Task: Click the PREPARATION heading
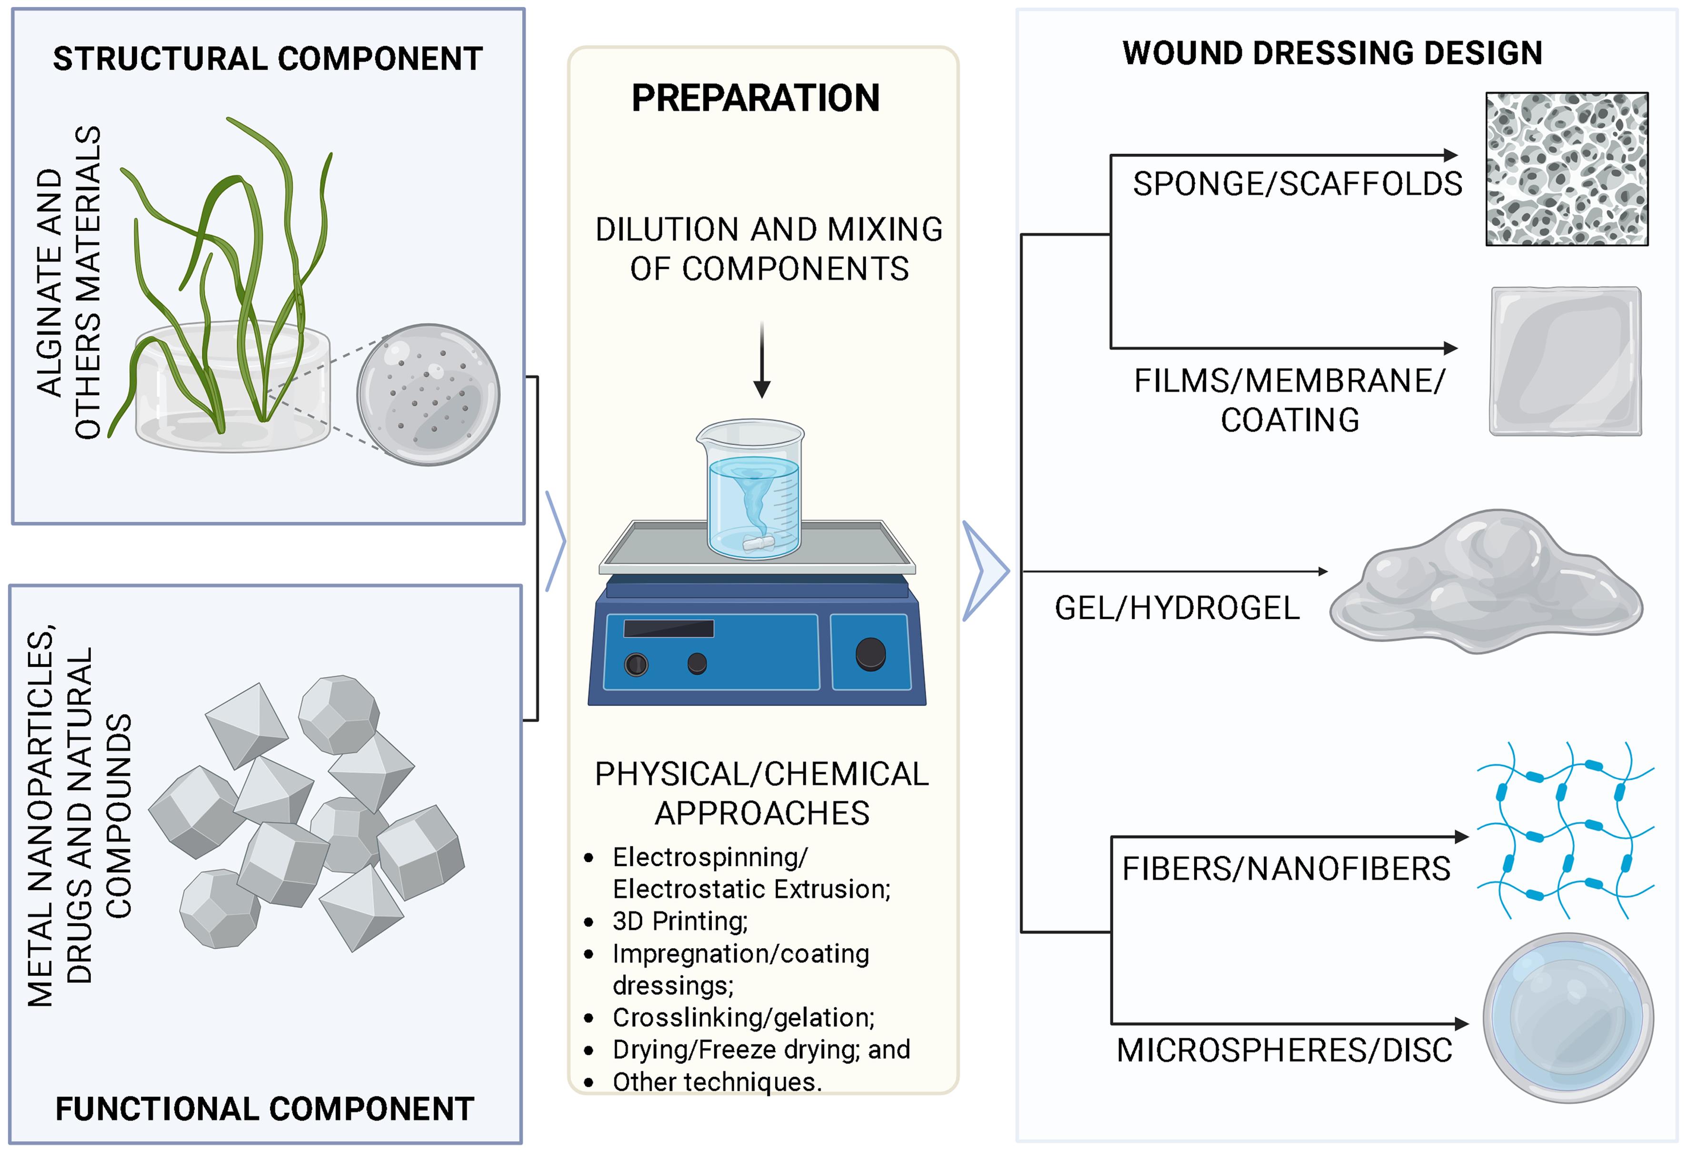tap(755, 98)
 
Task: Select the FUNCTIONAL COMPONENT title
tap(265, 1109)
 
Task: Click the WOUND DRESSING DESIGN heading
tap(1332, 53)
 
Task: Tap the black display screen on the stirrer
tap(669, 628)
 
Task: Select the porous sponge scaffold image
tap(1567, 169)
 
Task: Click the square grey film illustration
tap(1565, 361)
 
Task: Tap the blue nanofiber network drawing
tap(1565, 830)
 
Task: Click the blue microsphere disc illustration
tap(1568, 1017)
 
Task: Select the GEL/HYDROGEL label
tap(1177, 608)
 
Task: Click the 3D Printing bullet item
tap(679, 921)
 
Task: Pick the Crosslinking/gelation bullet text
tap(743, 1017)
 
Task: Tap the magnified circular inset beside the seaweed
tap(428, 394)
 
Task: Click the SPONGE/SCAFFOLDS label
tap(1297, 184)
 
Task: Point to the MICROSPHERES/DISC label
tap(1284, 1050)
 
